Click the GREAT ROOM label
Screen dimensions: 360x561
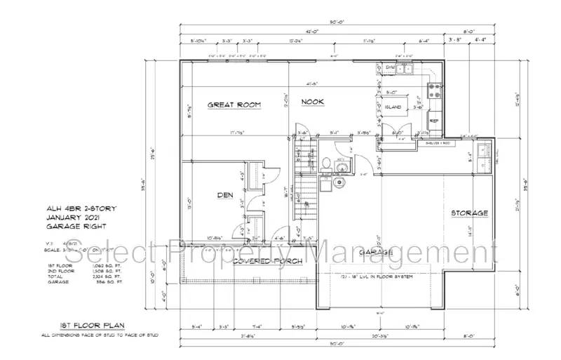click(x=234, y=105)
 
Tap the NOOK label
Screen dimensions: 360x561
click(x=313, y=102)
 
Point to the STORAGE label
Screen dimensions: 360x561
click(x=469, y=213)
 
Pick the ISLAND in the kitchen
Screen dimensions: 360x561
click(x=393, y=107)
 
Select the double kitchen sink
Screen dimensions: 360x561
click(x=405, y=69)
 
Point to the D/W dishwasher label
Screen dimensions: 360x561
click(x=390, y=68)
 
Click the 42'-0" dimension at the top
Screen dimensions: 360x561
click(x=312, y=31)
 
